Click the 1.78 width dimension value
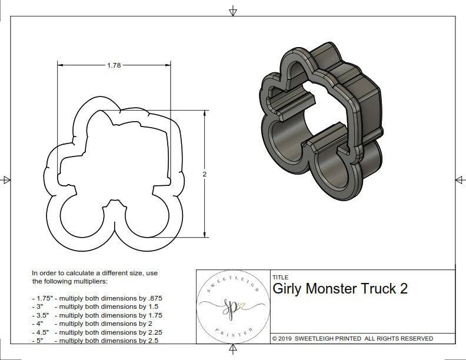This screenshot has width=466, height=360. pyautogui.click(x=114, y=66)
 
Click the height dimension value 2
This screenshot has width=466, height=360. pyautogui.click(x=205, y=175)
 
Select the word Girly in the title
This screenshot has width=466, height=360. pyautogui.click(x=288, y=289)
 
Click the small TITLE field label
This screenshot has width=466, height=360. pyautogui.click(x=280, y=277)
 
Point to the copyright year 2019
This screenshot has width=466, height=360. pyautogui.click(x=287, y=338)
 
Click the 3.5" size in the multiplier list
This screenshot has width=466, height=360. pyautogui.click(x=42, y=315)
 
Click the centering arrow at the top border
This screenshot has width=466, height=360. pyautogui.click(x=234, y=11)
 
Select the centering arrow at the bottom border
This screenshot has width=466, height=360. pyautogui.click(x=234, y=351)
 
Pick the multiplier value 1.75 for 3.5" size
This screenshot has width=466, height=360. pyautogui.click(x=152, y=315)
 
